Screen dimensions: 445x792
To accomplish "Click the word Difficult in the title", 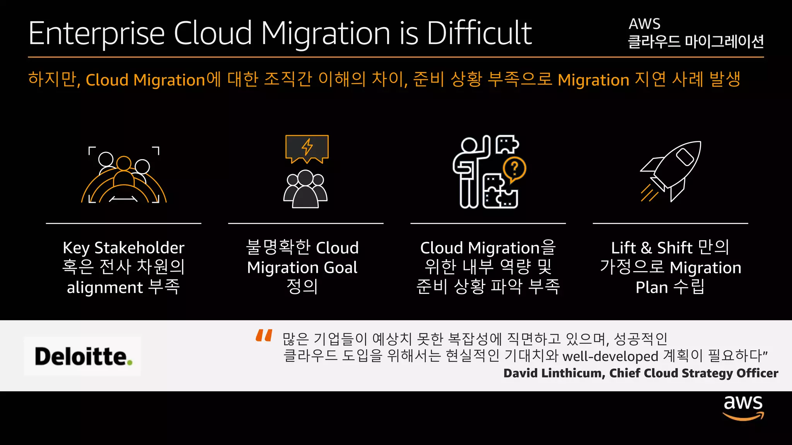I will [x=479, y=33].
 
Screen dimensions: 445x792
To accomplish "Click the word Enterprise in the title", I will [x=97, y=34].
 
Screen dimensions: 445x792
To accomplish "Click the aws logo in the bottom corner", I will [x=743, y=408].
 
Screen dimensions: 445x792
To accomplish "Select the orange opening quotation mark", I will [x=264, y=335].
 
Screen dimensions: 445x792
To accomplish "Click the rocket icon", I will [x=671, y=170].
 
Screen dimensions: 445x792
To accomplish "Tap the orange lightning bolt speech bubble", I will [x=307, y=148].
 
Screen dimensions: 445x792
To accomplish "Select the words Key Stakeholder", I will [x=124, y=248].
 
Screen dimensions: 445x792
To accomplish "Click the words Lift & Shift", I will [x=652, y=248].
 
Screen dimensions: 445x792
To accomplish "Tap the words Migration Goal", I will [x=302, y=267].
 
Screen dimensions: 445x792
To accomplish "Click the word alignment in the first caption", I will [x=105, y=287].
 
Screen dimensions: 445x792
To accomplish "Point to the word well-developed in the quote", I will [x=610, y=356].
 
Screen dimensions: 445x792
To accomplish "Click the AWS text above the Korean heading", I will [x=644, y=24].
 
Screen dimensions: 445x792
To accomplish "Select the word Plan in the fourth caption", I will [x=652, y=287].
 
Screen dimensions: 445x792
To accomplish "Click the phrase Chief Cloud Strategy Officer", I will [x=694, y=373].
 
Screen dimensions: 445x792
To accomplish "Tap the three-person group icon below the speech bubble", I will [x=306, y=189].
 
